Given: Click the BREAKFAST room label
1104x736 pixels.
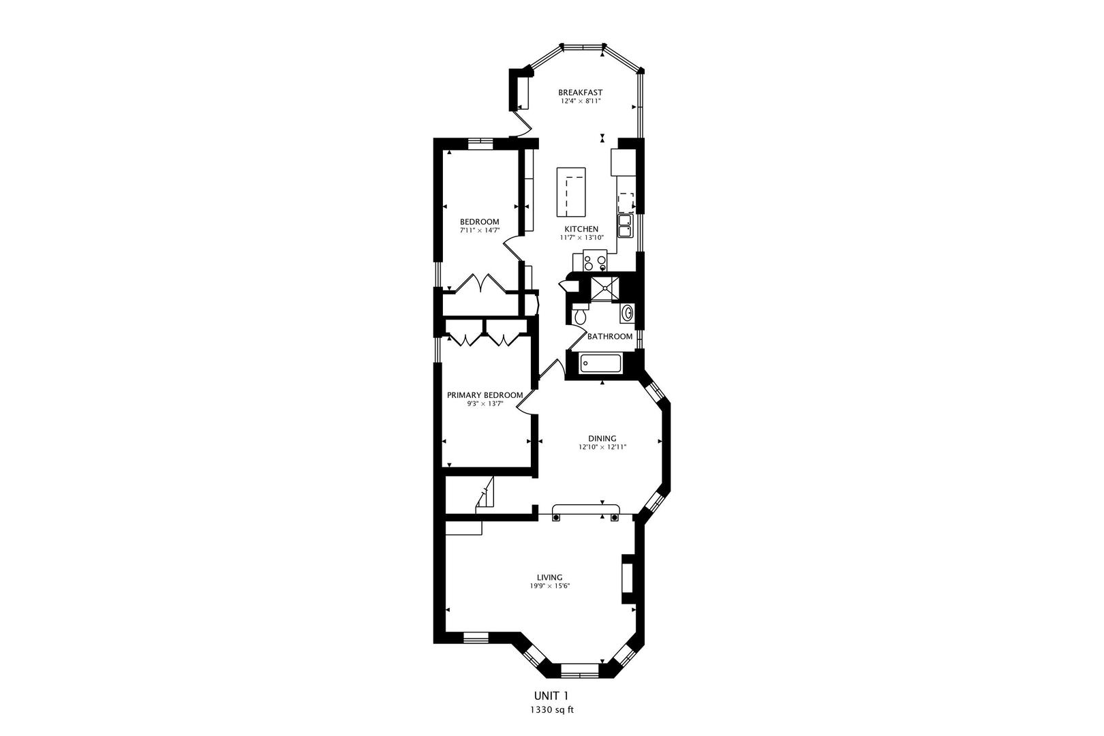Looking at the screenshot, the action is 580,92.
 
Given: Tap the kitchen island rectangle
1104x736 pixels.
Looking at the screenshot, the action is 571,191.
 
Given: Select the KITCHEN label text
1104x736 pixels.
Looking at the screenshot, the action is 581,229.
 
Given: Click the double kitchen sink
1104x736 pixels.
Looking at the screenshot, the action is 626,226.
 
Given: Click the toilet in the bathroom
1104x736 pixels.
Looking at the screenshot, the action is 580,314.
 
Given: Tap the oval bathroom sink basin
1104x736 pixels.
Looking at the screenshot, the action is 628,313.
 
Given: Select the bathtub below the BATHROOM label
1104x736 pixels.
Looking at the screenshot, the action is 601,364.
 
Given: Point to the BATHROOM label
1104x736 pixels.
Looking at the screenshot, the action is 610,336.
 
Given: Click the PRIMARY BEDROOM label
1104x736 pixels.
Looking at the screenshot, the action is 485,395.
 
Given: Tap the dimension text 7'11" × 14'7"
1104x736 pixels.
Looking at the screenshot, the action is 480,230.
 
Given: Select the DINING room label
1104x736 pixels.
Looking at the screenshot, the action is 602,438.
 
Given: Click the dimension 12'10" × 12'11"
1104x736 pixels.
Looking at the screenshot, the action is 602,447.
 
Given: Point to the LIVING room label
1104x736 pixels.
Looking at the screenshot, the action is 549,577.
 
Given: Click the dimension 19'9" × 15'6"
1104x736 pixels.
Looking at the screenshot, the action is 550,586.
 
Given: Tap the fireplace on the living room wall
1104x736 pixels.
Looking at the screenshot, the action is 628,579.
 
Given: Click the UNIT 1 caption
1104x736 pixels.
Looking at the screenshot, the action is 551,696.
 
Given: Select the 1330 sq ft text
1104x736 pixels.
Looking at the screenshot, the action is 552,710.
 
